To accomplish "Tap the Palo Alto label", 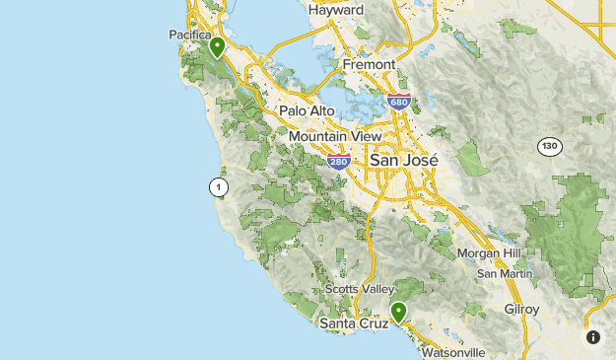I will coord(308,111).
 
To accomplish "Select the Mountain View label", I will coord(336,136).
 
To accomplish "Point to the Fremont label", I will coord(369,64).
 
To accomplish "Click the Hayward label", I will coord(336,10).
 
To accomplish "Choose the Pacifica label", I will coord(190,35).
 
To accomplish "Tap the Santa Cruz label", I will coord(352,324).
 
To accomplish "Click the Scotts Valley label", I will coord(357,290).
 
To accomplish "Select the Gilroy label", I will coord(522,309).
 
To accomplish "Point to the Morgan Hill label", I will coord(489,253).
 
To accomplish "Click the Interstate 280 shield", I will coord(339,160).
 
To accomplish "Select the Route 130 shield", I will coord(549,147).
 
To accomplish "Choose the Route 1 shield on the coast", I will coord(218,186).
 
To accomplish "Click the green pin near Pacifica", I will coord(217,46).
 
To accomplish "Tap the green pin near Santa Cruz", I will coord(398,312).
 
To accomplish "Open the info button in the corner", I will coord(593,337).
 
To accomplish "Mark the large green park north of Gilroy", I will coord(567,232).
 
